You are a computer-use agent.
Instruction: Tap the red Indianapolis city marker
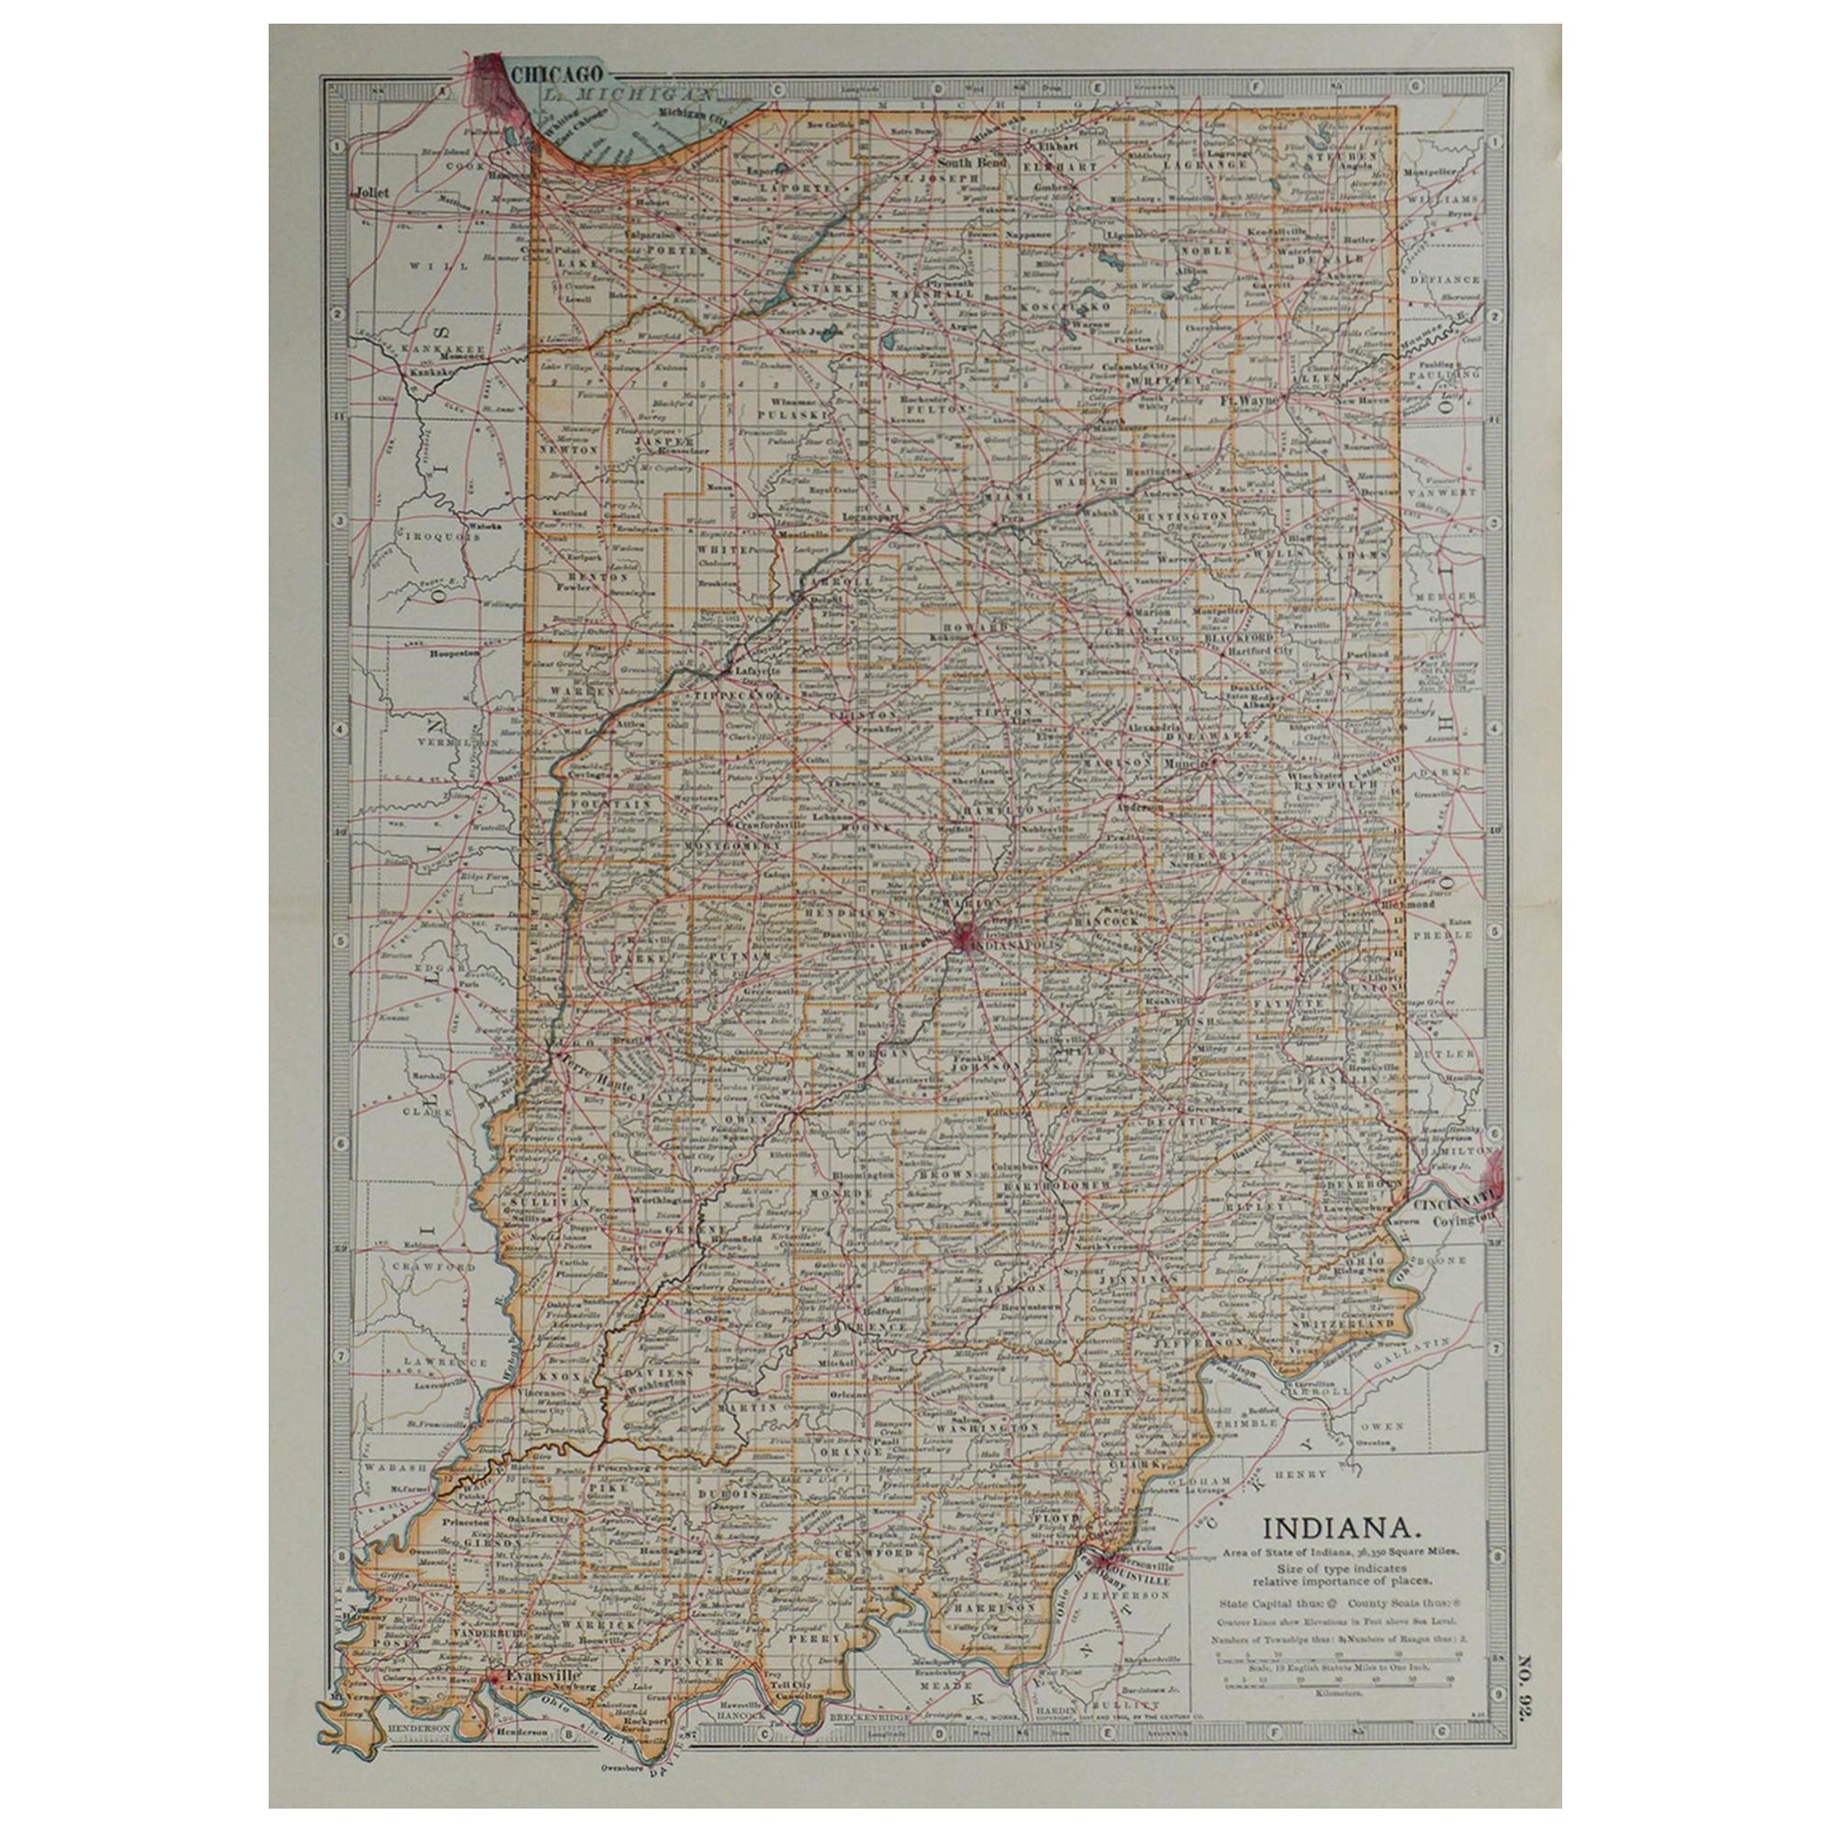pyautogui.click(x=964, y=938)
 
